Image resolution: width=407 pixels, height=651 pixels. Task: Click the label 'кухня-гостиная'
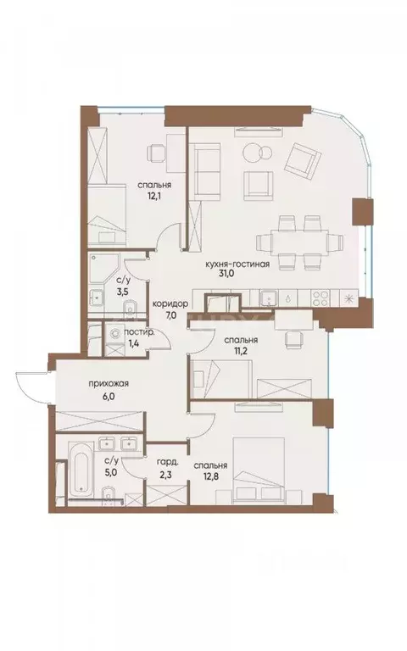(237, 264)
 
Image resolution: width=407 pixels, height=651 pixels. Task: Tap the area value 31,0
(237, 276)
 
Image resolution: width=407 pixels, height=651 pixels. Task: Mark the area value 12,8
(209, 478)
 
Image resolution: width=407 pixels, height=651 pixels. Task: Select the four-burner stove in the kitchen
(323, 298)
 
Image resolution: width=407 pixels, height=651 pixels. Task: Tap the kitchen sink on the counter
(267, 298)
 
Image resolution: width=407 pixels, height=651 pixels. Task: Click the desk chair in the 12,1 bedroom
(156, 153)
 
